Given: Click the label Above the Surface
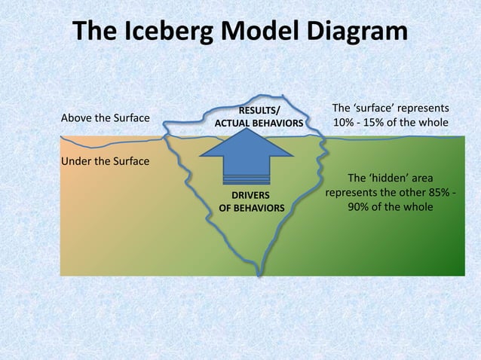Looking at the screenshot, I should click(x=105, y=118).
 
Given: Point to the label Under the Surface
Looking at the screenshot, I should click(x=105, y=162).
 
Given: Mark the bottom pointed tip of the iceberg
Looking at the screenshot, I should click(x=259, y=273).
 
